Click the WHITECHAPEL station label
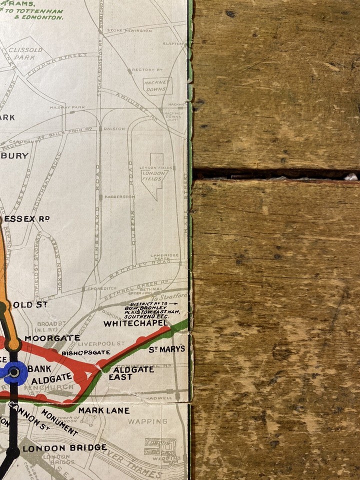click(136, 323)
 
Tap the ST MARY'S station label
click(167, 349)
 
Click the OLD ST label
click(26, 304)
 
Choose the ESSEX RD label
click(26, 218)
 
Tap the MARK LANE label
click(103, 410)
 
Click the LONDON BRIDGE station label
click(64, 448)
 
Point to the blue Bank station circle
click(14, 372)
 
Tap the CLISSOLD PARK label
click(25, 53)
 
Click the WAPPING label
click(147, 421)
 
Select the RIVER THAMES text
click(135, 462)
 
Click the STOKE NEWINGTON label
click(129, 30)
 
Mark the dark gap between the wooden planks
click(275, 174)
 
